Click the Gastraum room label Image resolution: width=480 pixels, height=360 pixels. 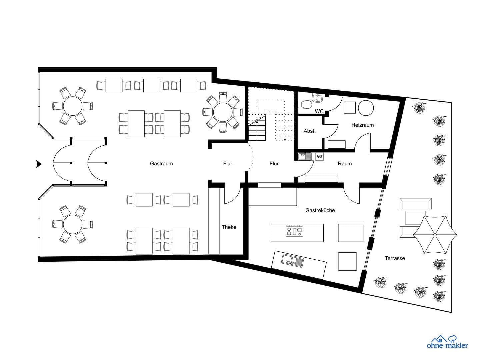click(x=161, y=164)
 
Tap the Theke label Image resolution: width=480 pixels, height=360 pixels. click(x=229, y=227)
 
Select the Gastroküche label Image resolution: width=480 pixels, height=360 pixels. click(x=320, y=210)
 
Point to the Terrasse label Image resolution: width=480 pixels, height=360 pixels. click(x=395, y=258)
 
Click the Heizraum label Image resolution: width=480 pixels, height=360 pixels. click(x=362, y=125)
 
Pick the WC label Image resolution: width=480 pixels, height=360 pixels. click(x=319, y=111)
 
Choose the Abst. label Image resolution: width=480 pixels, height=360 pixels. click(x=309, y=131)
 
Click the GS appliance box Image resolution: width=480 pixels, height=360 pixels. click(x=319, y=156)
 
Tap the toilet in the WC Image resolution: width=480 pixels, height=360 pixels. click(x=305, y=105)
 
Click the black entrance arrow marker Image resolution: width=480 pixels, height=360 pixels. click(x=39, y=164)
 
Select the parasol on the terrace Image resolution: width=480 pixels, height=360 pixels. click(x=435, y=235)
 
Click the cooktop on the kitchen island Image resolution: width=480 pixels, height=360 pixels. click(x=294, y=231)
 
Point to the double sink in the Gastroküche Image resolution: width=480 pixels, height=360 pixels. click(x=292, y=260)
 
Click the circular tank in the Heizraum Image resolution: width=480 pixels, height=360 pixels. click(x=366, y=107)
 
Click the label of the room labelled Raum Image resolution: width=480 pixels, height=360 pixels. click(x=345, y=164)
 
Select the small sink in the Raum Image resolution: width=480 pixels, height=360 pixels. click(x=305, y=156)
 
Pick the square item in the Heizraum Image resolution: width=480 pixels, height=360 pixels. click(x=350, y=107)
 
